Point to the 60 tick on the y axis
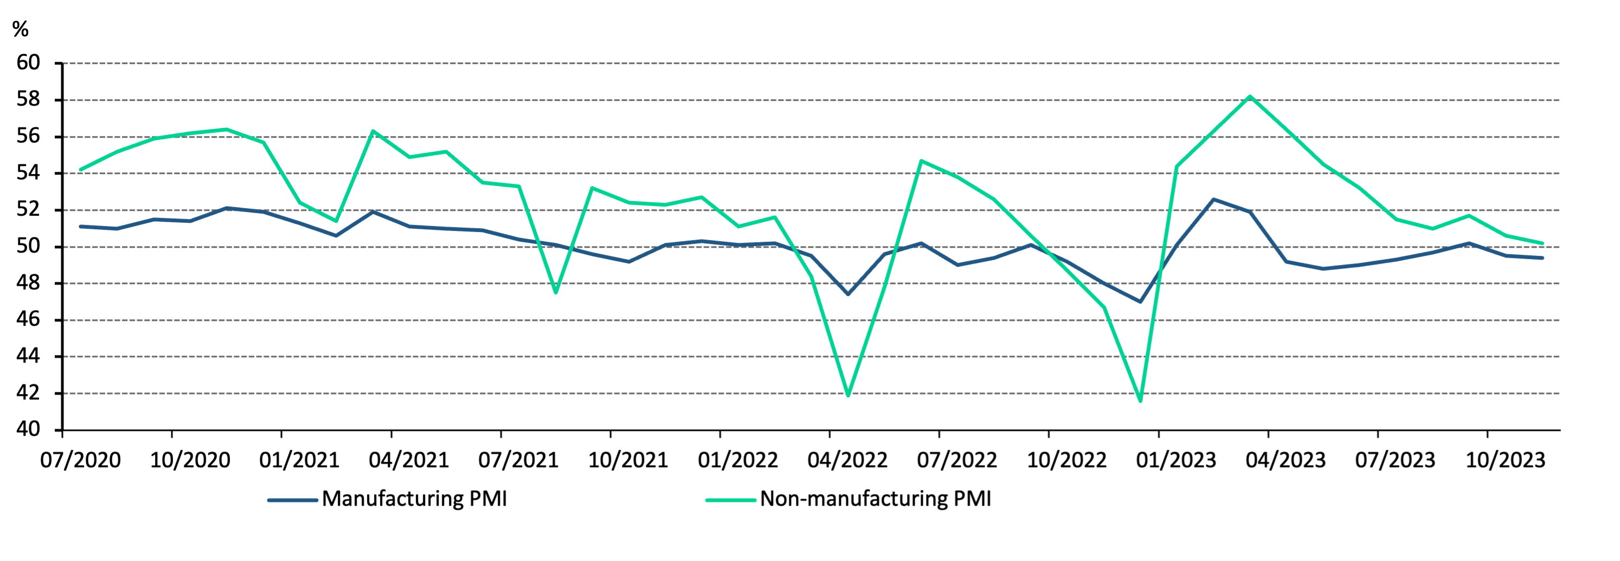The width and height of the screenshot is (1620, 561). (x=28, y=63)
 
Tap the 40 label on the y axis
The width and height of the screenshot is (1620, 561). (x=28, y=429)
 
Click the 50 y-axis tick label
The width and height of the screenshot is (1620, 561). (x=28, y=246)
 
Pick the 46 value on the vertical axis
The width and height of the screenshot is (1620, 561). (x=28, y=319)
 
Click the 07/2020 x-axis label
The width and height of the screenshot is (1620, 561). (x=80, y=460)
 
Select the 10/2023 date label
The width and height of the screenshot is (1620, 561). (x=1505, y=460)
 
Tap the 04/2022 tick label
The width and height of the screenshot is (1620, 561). (x=847, y=460)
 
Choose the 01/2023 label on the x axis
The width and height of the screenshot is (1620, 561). (x=1176, y=460)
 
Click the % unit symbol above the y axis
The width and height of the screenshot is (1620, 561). (x=20, y=29)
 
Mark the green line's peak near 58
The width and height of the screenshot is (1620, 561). (x=1250, y=96)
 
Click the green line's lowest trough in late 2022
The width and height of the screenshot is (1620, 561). (x=1140, y=401)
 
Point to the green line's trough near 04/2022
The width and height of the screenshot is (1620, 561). (x=848, y=396)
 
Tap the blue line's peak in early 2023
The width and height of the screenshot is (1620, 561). (x=1213, y=199)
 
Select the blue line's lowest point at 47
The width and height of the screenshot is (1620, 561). (x=1140, y=302)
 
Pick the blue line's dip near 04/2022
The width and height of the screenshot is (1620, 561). (x=848, y=294)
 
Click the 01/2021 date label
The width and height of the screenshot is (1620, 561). (x=299, y=460)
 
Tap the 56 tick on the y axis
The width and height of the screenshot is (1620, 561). (x=28, y=136)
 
